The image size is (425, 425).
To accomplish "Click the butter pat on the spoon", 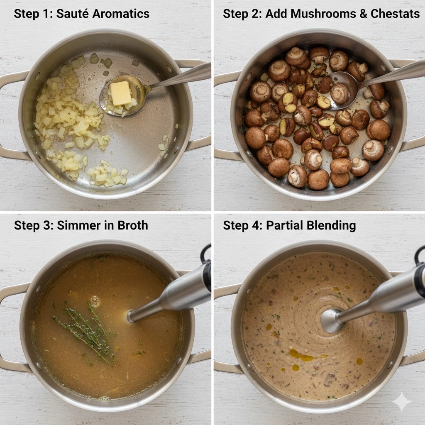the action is tap(121, 93).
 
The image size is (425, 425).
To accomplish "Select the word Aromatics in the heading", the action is tap(121, 14).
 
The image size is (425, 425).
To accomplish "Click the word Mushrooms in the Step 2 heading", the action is tap(323, 14).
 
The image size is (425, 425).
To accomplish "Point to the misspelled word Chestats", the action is tap(395, 14).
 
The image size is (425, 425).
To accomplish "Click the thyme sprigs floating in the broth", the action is tap(87, 331).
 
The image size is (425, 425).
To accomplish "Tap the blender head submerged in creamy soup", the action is tap(332, 321).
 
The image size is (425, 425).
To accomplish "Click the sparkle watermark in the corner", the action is tap(402, 401).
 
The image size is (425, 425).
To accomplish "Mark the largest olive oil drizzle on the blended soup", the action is tap(300, 354).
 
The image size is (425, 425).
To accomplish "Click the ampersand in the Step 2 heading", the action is tap(363, 14).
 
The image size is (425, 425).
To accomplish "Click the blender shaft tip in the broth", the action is tap(131, 316).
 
